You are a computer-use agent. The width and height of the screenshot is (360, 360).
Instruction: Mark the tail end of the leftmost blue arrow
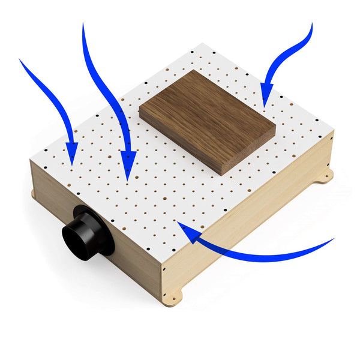point(21,60)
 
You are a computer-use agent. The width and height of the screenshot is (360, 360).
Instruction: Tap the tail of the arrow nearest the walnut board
point(311,25)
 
